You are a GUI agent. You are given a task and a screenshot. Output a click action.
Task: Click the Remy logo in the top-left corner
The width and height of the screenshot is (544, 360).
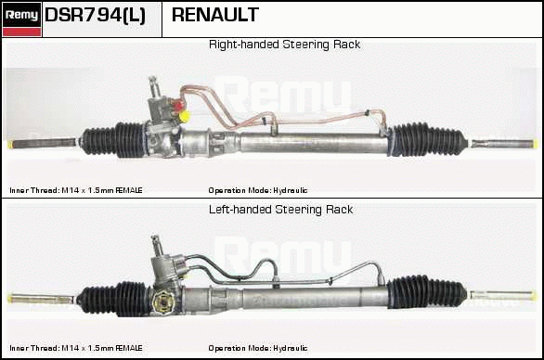(22, 19)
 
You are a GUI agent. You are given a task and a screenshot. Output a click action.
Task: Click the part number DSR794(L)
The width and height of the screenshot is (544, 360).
(95, 15)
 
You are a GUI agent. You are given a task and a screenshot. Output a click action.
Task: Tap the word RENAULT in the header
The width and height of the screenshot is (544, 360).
(215, 15)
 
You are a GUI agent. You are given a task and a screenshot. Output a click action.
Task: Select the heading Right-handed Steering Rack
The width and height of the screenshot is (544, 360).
(284, 45)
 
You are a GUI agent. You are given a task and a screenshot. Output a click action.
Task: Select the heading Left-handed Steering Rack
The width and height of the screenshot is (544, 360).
(280, 210)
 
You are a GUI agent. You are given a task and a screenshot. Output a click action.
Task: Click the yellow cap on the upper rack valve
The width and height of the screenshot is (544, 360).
(185, 116)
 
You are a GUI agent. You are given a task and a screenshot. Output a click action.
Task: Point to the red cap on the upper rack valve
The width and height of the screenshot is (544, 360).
(178, 104)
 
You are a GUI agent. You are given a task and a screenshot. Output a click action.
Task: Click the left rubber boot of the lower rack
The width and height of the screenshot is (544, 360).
(114, 299)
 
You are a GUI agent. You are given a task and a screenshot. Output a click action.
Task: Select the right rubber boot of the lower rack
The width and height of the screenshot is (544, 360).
(427, 292)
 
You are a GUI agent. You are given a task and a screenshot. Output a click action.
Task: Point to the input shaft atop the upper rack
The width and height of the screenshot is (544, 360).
(154, 87)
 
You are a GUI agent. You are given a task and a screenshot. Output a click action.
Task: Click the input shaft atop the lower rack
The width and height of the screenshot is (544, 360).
(158, 246)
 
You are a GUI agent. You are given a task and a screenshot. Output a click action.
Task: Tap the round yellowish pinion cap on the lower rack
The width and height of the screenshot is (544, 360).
(162, 302)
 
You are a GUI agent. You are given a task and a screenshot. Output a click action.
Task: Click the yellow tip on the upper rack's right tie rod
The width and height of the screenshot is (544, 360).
(536, 144)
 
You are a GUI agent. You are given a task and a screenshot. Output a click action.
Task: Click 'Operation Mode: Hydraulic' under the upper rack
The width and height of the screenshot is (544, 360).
(258, 190)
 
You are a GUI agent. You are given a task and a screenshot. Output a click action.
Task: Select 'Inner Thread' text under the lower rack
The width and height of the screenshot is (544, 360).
(34, 348)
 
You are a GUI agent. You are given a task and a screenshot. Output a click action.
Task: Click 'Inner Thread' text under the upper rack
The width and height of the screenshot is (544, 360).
(34, 190)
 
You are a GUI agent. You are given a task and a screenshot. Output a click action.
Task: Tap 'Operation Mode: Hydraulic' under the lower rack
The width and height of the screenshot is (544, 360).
(258, 348)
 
